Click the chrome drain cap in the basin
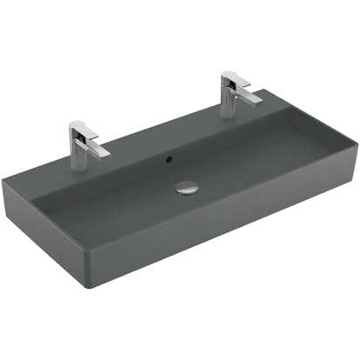pos(187,186)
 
